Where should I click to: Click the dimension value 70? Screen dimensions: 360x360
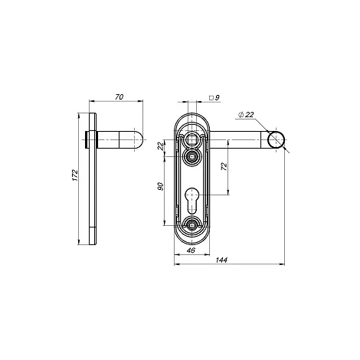click(x=119, y=97)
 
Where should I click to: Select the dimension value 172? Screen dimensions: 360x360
click(x=74, y=175)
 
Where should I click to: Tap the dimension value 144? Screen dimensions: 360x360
click(x=221, y=260)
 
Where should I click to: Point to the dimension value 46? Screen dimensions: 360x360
click(x=191, y=250)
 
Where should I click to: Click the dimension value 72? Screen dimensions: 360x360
click(x=224, y=167)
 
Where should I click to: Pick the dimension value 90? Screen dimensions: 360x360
click(x=160, y=187)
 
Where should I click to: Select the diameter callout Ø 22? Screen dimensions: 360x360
click(x=246, y=115)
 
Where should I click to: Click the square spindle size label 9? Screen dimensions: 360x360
click(x=218, y=97)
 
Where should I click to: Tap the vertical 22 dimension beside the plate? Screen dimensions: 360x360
click(x=160, y=146)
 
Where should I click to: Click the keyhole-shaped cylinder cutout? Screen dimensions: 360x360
click(x=191, y=201)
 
